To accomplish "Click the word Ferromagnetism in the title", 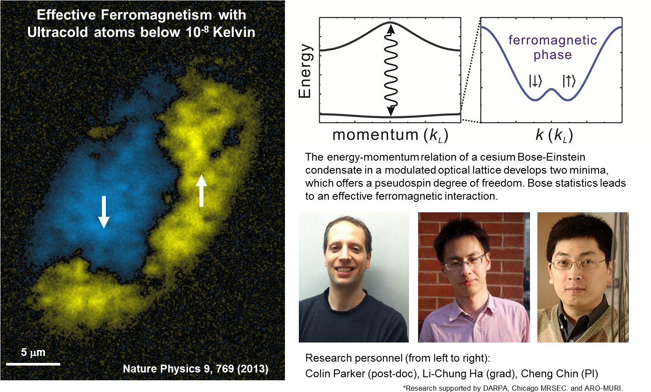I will coord(156,15).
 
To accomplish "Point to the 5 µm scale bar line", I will coord(33,364).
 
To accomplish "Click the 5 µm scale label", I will coord(33,352).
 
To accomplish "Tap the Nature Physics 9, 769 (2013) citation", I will coord(195,369).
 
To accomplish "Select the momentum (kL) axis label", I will coord(390,135).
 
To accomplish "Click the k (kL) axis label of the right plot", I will coord(554,135).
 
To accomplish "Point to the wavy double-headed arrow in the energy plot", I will coord(391,69).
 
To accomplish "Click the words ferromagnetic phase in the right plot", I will coord(553,47).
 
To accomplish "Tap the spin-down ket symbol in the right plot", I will coord(535,81).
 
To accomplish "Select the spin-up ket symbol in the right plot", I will coord(569,81).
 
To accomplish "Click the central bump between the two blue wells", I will coord(552,90).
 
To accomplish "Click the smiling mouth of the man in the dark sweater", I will coord(346,270).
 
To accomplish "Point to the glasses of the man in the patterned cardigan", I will coord(579,264).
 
